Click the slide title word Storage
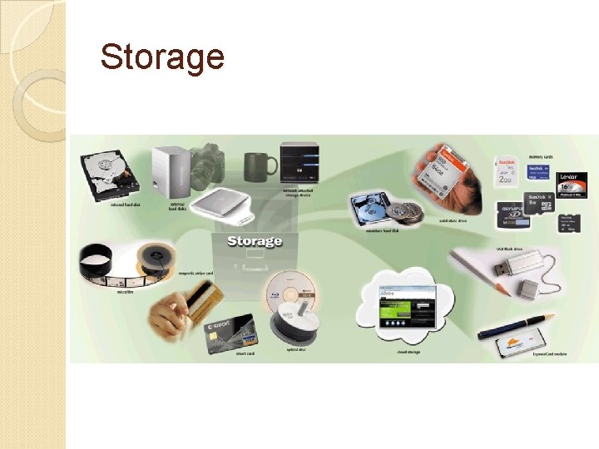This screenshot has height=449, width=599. tap(162, 57)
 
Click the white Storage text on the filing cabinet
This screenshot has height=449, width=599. tap(255, 241)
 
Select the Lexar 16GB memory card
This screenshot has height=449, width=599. tap(572, 184)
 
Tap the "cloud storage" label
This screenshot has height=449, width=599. tap(408, 352)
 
